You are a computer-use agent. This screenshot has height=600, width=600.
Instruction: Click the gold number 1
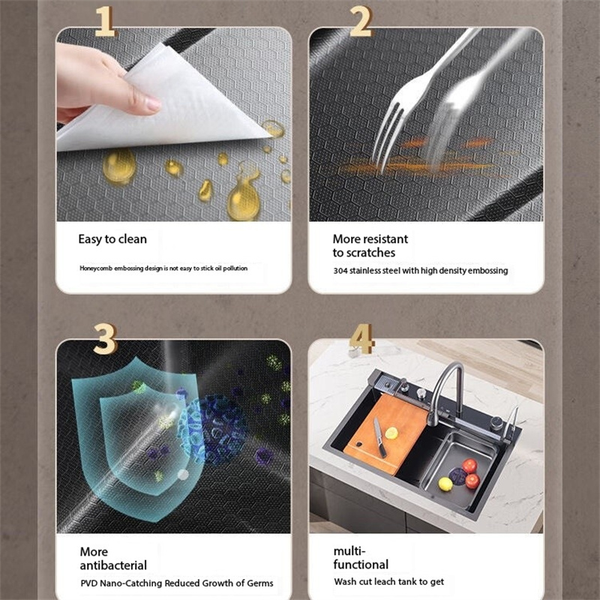pyautogui.click(x=104, y=22)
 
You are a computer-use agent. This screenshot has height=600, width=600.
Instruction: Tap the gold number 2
pyautogui.click(x=361, y=22)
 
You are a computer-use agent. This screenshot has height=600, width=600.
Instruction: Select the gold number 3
pyautogui.click(x=105, y=339)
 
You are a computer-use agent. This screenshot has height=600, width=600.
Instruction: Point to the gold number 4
pyautogui.click(x=361, y=339)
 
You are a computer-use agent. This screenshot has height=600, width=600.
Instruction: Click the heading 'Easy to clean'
pyautogui.click(x=112, y=239)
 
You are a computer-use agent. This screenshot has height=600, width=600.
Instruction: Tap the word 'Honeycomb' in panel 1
pyautogui.click(x=96, y=268)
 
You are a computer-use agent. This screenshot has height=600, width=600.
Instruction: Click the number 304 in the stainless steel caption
pyautogui.click(x=340, y=271)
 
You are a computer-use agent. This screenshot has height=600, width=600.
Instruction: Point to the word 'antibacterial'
pyautogui.click(x=113, y=565)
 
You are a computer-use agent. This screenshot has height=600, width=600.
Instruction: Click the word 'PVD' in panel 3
pyautogui.click(x=89, y=583)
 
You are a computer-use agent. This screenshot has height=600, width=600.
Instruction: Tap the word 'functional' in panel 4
pyautogui.click(x=361, y=565)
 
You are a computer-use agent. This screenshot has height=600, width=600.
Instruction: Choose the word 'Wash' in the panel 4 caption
pyautogui.click(x=343, y=582)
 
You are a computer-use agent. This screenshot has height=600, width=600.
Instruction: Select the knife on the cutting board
pyautogui.click(x=379, y=437)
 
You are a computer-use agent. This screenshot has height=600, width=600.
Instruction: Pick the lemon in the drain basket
pyautogui.click(x=445, y=484)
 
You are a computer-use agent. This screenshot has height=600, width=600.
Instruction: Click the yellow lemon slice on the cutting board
pyautogui.click(x=391, y=433)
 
